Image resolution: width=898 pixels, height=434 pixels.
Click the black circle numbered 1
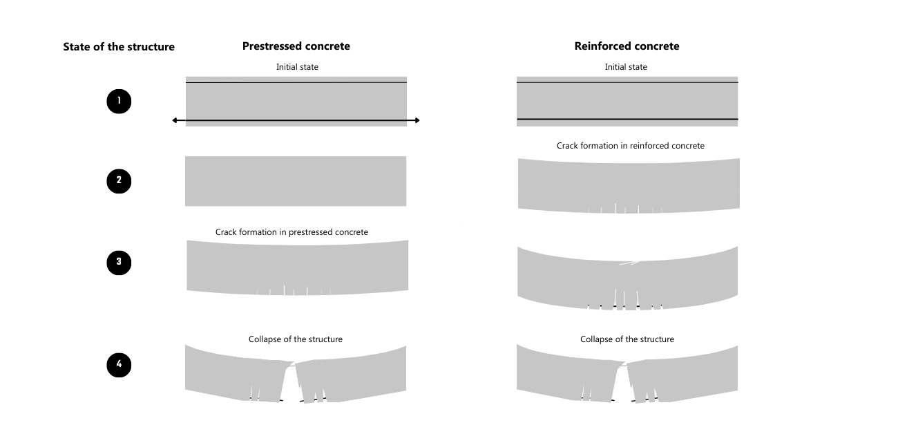(119, 101)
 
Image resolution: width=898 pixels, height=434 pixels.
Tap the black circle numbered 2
(119, 181)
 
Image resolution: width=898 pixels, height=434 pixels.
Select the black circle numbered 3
(119, 262)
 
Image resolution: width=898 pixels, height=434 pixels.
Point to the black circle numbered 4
(119, 365)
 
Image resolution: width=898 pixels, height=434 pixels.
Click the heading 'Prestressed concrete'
(296, 46)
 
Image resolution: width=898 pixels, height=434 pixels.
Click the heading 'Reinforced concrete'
(627, 46)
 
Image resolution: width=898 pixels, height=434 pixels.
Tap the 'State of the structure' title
(119, 47)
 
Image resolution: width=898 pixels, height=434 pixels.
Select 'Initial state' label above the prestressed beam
(297, 67)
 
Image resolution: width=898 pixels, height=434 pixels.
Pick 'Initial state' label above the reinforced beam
(626, 67)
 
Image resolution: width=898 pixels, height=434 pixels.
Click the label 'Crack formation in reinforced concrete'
(630, 146)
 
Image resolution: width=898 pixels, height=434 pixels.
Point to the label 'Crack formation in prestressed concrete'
(292, 232)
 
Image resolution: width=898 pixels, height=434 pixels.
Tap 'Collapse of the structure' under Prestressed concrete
(296, 339)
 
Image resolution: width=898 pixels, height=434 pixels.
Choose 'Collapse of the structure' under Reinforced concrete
(627, 339)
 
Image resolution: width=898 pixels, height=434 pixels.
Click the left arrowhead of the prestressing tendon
(175, 120)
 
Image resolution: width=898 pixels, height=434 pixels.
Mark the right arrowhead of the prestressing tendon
(417, 120)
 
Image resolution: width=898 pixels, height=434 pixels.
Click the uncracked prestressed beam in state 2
(296, 181)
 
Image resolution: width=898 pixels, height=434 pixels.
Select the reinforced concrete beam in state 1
(627, 101)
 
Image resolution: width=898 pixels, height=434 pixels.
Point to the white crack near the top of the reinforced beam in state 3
(630, 263)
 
